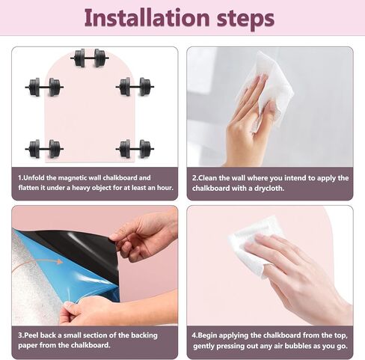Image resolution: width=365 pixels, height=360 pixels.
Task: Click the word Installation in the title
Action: tap(147, 18)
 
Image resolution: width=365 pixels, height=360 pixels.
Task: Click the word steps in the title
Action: tap(246, 19)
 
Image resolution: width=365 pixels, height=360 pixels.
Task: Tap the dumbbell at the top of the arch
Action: tap(90, 58)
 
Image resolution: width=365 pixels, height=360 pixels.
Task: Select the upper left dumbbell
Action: tap(44, 87)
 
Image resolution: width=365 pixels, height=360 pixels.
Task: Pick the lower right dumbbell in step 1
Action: tap(135, 149)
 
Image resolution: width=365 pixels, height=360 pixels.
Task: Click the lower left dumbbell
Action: tap(44, 149)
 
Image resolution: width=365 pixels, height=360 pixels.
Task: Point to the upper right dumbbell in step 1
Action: tap(135, 87)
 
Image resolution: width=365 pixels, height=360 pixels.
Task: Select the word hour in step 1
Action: tap(165, 188)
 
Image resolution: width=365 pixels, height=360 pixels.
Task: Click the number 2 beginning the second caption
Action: tap(194, 178)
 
